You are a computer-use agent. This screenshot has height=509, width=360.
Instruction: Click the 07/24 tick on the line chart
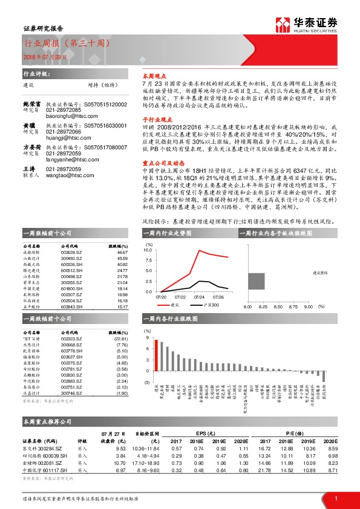tap(199, 297)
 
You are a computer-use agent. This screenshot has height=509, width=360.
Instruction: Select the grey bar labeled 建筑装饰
tap(257, 283)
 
